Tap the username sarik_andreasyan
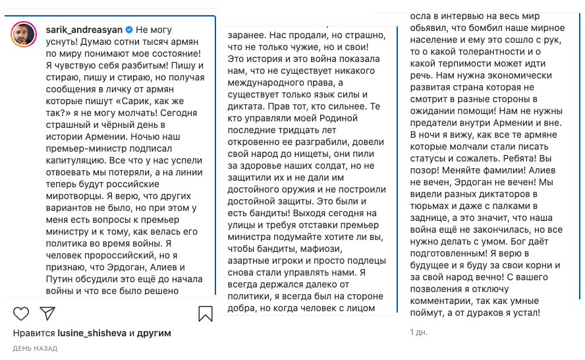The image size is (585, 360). [84, 30]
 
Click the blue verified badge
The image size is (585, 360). [130, 30]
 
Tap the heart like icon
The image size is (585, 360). [20, 313]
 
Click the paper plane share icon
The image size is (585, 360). [47, 313]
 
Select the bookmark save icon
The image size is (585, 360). [205, 313]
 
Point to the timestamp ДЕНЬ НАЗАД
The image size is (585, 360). [36, 347]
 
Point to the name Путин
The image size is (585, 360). [61, 278]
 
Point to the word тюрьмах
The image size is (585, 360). [431, 208]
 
